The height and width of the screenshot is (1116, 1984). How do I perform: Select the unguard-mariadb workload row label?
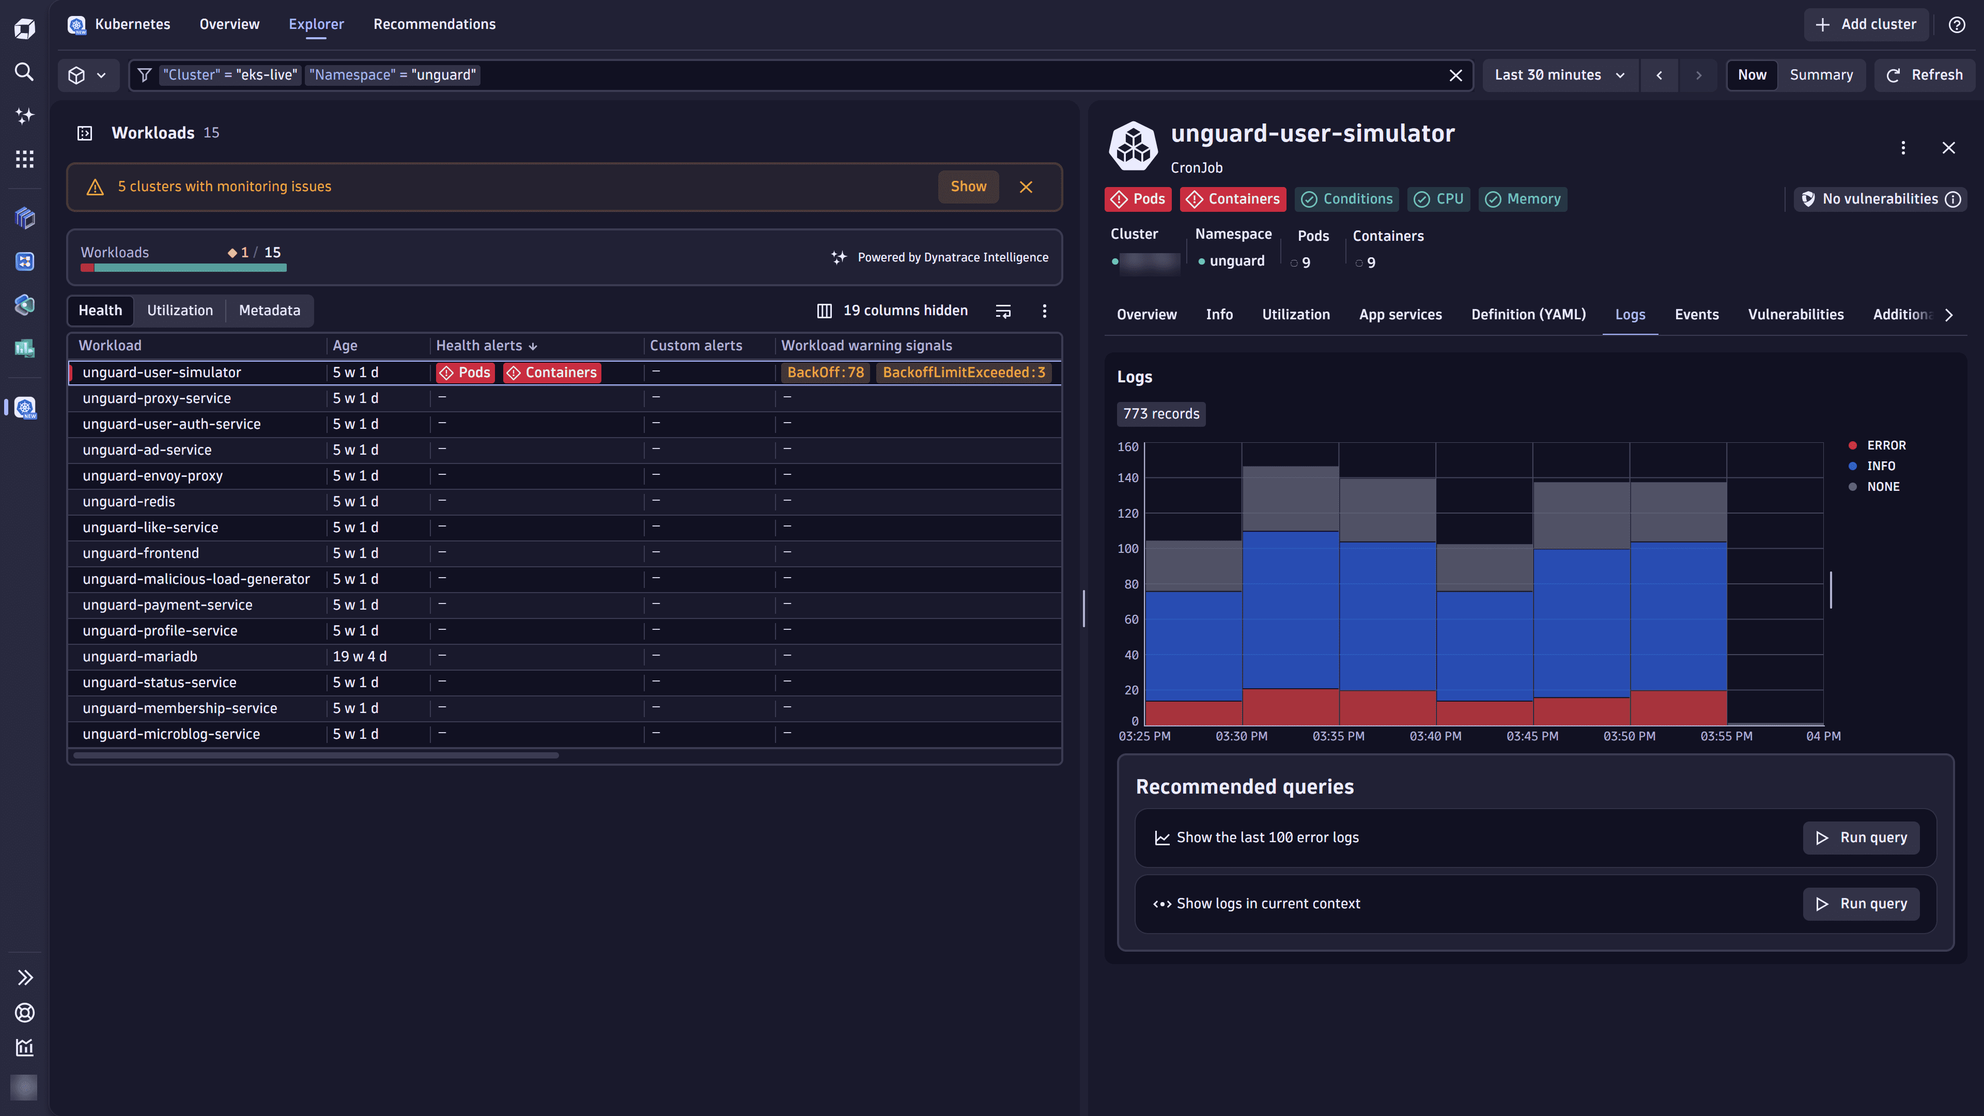tap(139, 656)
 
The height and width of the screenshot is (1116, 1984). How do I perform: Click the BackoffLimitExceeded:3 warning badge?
tap(964, 373)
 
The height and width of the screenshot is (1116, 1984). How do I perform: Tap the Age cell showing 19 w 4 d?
tap(359, 656)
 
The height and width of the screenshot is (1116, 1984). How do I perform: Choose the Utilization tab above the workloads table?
tap(179, 311)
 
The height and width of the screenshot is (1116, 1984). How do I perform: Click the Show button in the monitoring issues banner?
tap(967, 187)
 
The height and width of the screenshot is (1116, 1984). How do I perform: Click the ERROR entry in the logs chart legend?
tap(1885, 445)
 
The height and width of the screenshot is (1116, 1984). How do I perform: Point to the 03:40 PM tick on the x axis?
tap(1435, 736)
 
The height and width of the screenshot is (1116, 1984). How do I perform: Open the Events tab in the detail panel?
tap(1696, 314)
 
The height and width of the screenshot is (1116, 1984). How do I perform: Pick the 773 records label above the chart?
tap(1160, 413)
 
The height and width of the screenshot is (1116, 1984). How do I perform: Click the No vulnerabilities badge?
tap(1879, 199)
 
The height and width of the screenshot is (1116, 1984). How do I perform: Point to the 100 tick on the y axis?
tap(1127, 548)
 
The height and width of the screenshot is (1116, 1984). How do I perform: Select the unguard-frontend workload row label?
tap(140, 553)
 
